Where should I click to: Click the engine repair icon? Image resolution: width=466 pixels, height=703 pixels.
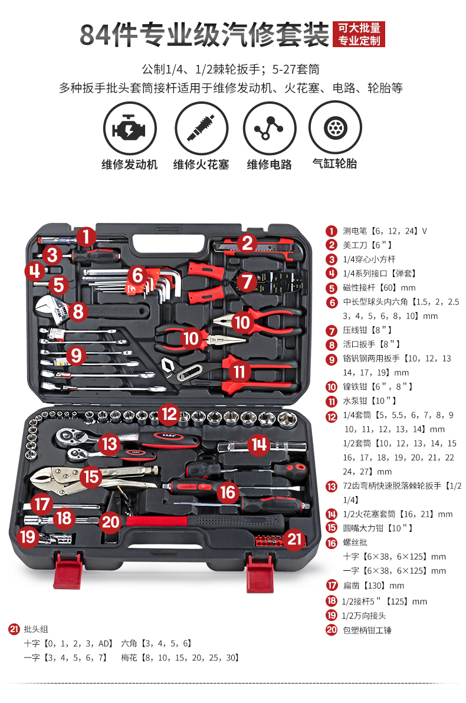[x=130, y=129]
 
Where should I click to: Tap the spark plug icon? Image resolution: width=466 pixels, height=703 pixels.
[x=201, y=129]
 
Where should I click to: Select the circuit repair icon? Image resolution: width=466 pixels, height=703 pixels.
[x=270, y=128]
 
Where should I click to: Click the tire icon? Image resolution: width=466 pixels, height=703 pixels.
[x=335, y=127]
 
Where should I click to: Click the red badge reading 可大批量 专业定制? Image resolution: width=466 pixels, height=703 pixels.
[x=359, y=34]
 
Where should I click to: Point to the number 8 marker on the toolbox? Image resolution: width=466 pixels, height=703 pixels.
[x=78, y=311]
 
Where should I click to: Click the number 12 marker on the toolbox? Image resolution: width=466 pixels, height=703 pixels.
[x=169, y=414]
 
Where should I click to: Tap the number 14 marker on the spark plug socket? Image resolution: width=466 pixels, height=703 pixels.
[x=259, y=444]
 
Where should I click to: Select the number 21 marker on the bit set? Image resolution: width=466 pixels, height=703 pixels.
[x=294, y=538]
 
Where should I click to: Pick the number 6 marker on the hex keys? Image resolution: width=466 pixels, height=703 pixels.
[x=137, y=275]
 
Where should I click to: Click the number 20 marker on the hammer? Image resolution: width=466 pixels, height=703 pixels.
[x=110, y=522]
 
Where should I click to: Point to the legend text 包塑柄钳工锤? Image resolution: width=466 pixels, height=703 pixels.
[x=367, y=630]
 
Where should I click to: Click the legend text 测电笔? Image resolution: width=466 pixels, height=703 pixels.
[x=355, y=231]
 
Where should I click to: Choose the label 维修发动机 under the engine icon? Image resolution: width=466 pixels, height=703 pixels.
[x=129, y=165]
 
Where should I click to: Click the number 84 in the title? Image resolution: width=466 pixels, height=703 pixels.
[x=95, y=35]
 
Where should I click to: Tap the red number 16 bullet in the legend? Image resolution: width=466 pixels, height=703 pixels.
[x=332, y=543]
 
